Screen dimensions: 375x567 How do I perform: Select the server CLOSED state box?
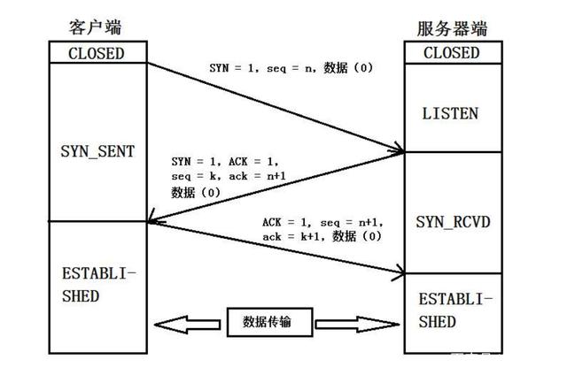point(451,53)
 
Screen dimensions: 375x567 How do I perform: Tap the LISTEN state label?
point(451,113)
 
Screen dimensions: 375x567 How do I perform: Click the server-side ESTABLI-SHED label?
point(451,309)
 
